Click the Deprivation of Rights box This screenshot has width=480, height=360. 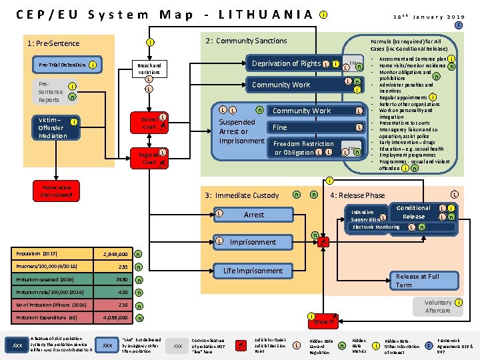coord(286,64)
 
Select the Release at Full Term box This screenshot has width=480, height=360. coord(417,281)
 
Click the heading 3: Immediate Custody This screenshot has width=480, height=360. coord(242,195)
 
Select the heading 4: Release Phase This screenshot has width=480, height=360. coord(358,195)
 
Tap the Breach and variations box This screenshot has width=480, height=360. coord(149,69)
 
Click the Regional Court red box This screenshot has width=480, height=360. coord(150,158)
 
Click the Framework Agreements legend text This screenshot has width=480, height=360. coord(454,345)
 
